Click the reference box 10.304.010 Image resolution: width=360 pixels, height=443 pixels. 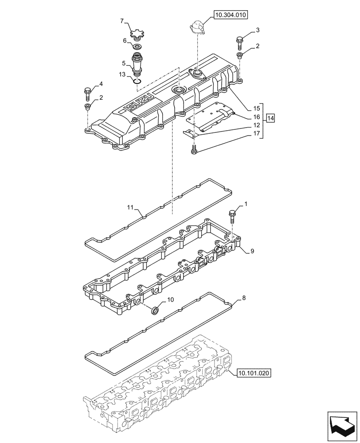[231, 15]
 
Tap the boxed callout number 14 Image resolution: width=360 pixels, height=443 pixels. [270, 118]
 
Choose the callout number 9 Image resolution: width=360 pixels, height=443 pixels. [252, 251]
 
